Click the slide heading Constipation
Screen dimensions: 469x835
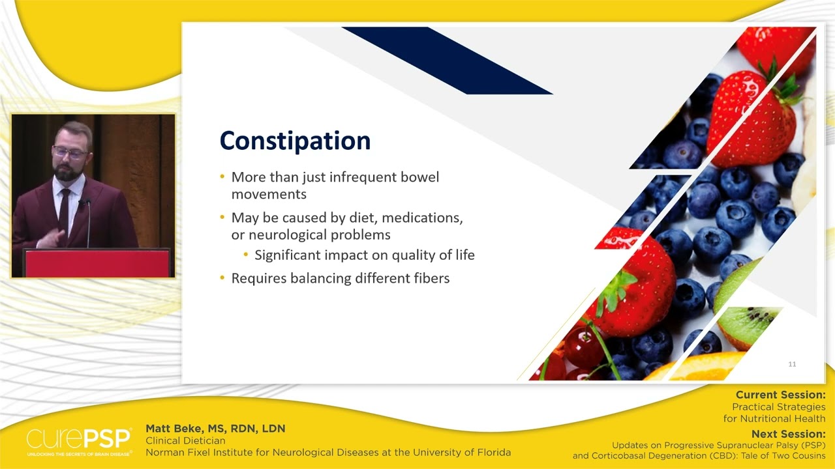(x=295, y=141)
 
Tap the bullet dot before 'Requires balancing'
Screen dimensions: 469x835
(x=222, y=278)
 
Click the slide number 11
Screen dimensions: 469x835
(x=792, y=364)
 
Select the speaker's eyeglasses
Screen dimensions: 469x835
(x=69, y=153)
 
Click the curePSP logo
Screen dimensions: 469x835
(x=78, y=441)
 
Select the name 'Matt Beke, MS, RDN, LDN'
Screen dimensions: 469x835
(x=215, y=429)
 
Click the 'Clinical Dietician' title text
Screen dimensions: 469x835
(x=185, y=440)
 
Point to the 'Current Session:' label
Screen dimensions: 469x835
(x=780, y=395)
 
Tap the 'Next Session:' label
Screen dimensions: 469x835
(x=788, y=434)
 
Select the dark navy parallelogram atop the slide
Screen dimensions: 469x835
(x=447, y=60)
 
